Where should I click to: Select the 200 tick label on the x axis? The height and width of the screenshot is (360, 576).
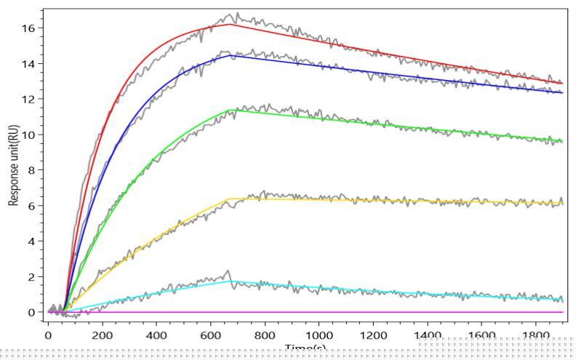103,336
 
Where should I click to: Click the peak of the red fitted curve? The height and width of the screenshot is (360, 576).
231,24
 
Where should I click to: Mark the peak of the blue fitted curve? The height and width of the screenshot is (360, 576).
231,55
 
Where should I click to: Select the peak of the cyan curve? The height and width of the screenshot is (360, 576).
231,281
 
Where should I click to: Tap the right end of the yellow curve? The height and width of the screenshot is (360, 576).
562,204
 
